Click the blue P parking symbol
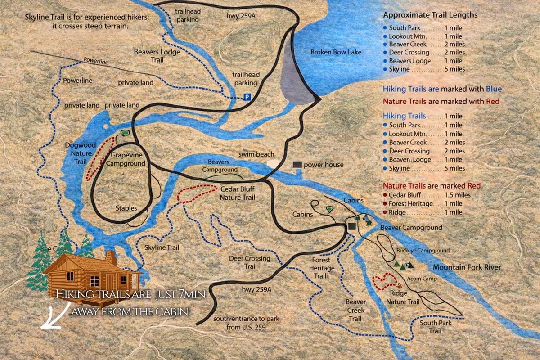coord(247,97)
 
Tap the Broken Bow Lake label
coord(336,52)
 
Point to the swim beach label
coord(256,154)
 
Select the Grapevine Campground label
coord(128,160)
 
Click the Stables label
coord(126,208)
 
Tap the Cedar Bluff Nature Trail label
coord(237,193)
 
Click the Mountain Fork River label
coord(467,268)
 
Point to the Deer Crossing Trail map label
coord(250,262)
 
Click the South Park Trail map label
coord(435,327)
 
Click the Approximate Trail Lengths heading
coord(430,15)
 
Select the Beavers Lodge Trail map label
coord(151,56)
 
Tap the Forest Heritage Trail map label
coord(323,267)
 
